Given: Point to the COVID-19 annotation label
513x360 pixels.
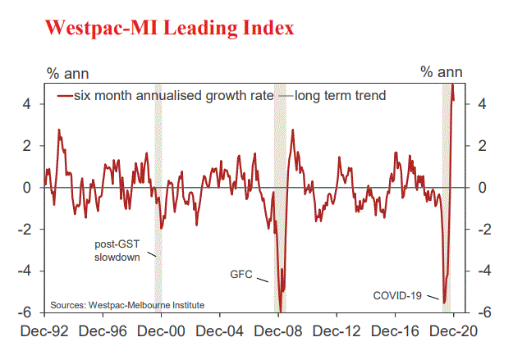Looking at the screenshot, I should pos(397,294).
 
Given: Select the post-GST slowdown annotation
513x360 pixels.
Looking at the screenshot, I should pos(116,250).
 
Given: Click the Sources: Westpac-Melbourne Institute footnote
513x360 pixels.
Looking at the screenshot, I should pos(127,305).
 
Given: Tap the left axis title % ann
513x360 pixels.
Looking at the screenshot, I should pos(63,72).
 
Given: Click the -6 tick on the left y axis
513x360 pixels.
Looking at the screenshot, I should pos(27,312).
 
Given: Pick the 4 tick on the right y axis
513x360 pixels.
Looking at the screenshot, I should pos(471,104).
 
